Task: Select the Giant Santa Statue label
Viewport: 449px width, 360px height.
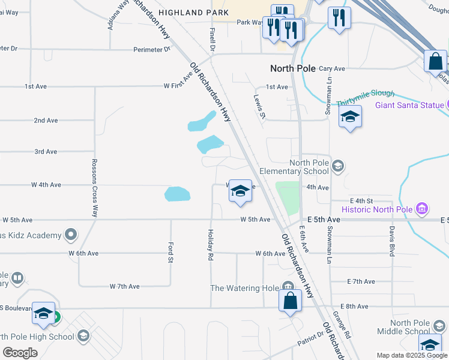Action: (410, 106)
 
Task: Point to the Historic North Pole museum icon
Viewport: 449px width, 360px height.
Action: (422, 209)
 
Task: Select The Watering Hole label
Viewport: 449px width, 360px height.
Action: (244, 288)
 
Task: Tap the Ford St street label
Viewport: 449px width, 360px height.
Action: (170, 252)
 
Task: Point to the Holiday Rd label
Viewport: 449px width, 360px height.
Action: (211, 245)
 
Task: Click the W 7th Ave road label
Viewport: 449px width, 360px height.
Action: (125, 286)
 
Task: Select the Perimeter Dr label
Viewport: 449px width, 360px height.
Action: (150, 49)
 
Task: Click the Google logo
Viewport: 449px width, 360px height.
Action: (20, 353)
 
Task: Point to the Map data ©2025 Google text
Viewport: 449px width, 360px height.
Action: (411, 355)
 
